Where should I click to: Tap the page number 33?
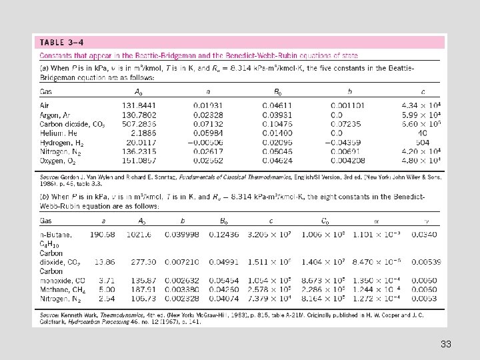point(446,345)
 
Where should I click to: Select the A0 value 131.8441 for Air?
point(138,106)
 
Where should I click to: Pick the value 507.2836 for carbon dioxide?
point(138,124)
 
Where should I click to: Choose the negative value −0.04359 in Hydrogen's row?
point(347,142)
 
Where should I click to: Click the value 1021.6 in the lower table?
point(149,234)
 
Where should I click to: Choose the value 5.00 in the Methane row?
point(107,290)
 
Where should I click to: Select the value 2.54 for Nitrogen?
point(107,299)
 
